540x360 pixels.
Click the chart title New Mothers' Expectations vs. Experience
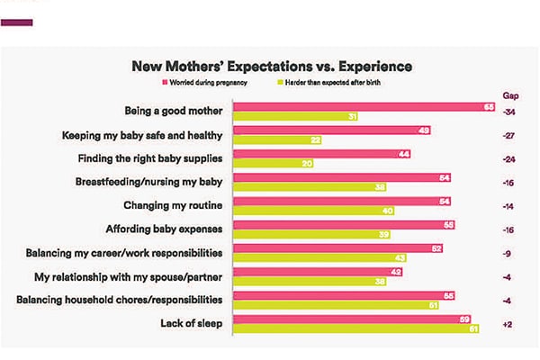tap(272, 66)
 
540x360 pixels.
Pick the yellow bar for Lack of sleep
tap(356, 329)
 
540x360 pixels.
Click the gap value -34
tap(509, 112)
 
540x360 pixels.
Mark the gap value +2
tap(509, 323)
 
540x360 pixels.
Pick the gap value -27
tap(509, 136)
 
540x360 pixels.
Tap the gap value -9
tap(509, 253)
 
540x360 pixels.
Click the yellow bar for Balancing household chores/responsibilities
tap(347, 306)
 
